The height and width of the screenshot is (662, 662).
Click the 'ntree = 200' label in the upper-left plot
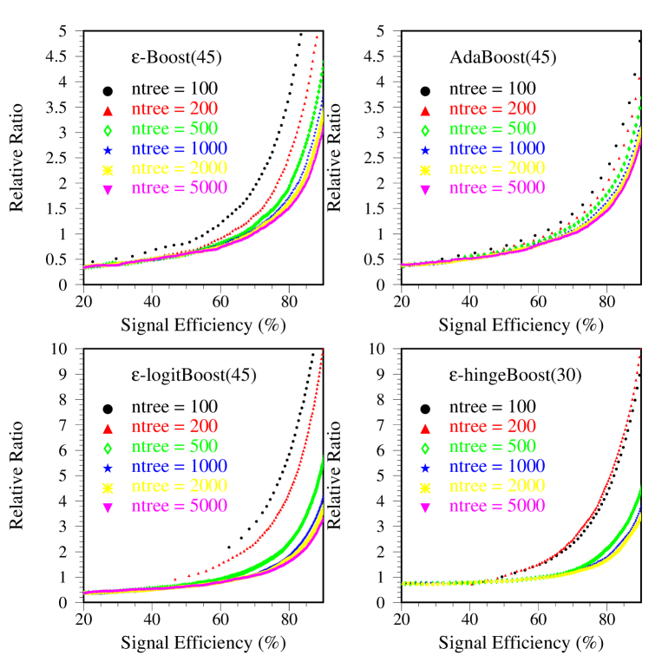174,109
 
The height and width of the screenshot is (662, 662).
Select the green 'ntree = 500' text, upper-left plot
174,129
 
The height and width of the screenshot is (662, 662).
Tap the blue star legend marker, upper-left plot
108,150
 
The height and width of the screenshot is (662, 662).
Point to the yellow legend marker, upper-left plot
108,170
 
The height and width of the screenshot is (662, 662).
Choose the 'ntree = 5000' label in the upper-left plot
179,188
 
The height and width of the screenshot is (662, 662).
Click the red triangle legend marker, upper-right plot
425,111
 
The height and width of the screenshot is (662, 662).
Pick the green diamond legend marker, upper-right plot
425,131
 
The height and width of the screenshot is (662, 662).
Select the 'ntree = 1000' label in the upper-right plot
496,148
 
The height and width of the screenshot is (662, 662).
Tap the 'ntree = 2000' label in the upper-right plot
496,168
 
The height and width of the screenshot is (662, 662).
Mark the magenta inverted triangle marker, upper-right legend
425,190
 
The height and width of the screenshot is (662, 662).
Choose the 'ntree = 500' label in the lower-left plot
174,447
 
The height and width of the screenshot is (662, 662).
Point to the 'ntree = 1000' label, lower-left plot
179,466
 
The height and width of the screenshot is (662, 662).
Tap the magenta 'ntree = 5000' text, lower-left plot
179,506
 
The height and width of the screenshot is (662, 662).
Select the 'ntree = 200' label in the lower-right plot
492,427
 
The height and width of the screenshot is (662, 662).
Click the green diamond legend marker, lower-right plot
425,449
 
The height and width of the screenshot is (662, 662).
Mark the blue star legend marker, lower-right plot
425,468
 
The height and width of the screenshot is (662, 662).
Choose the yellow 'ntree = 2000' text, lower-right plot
496,486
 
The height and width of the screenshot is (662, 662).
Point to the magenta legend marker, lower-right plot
425,508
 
